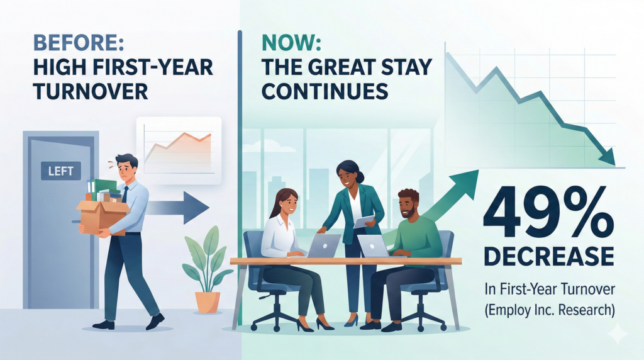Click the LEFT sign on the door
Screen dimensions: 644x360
[61, 171]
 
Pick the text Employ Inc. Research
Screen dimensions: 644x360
[550, 310]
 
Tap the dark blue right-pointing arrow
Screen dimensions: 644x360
[177, 208]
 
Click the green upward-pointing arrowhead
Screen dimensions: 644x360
[465, 181]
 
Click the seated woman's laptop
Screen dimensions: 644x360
[323, 245]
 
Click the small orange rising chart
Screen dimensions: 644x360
[179, 150]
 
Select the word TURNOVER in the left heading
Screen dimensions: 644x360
[91, 91]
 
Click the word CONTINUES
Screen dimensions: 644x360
[325, 91]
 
